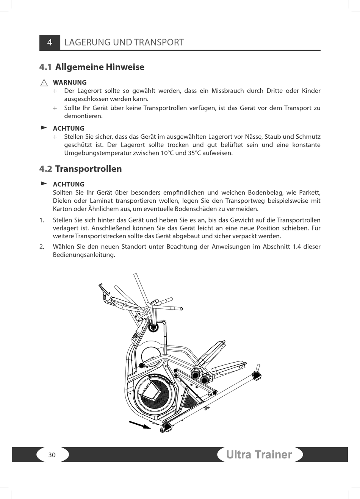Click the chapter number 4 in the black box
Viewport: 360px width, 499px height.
50,42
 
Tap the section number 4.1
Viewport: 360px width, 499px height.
45,67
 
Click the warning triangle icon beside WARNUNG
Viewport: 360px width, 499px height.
44,83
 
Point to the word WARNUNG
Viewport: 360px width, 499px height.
70,83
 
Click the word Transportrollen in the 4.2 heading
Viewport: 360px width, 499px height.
88,169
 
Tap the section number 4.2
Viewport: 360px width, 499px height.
45,169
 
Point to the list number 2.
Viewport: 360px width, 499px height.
42,247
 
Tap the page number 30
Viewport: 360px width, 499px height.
52,455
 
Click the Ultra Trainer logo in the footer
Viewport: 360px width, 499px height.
259,455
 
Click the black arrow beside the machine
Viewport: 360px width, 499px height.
140,425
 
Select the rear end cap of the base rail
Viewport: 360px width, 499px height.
257,375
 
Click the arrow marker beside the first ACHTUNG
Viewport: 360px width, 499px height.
44,128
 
